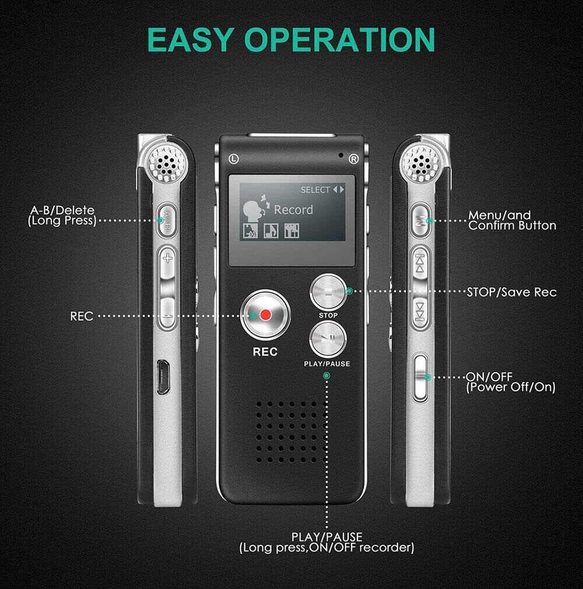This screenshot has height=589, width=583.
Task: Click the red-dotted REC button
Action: click(266, 315)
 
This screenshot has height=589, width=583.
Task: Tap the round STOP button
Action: click(328, 292)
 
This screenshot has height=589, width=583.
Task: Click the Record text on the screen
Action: click(293, 210)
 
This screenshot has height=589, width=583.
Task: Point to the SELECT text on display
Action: click(315, 190)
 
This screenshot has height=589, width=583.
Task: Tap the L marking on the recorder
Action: click(233, 157)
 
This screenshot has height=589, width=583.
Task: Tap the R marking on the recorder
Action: click(353, 158)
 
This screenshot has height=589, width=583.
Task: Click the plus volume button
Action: click(168, 258)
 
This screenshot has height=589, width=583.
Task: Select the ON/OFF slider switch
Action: click(420, 377)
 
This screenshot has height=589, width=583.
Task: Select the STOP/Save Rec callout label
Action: click(511, 292)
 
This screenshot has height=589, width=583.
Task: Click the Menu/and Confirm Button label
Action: click(512, 220)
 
